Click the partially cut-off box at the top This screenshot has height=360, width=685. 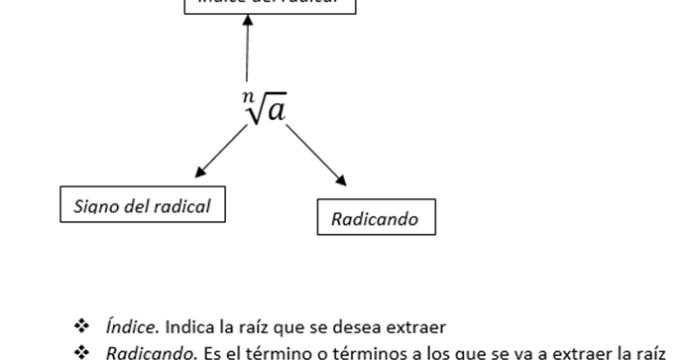269,5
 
